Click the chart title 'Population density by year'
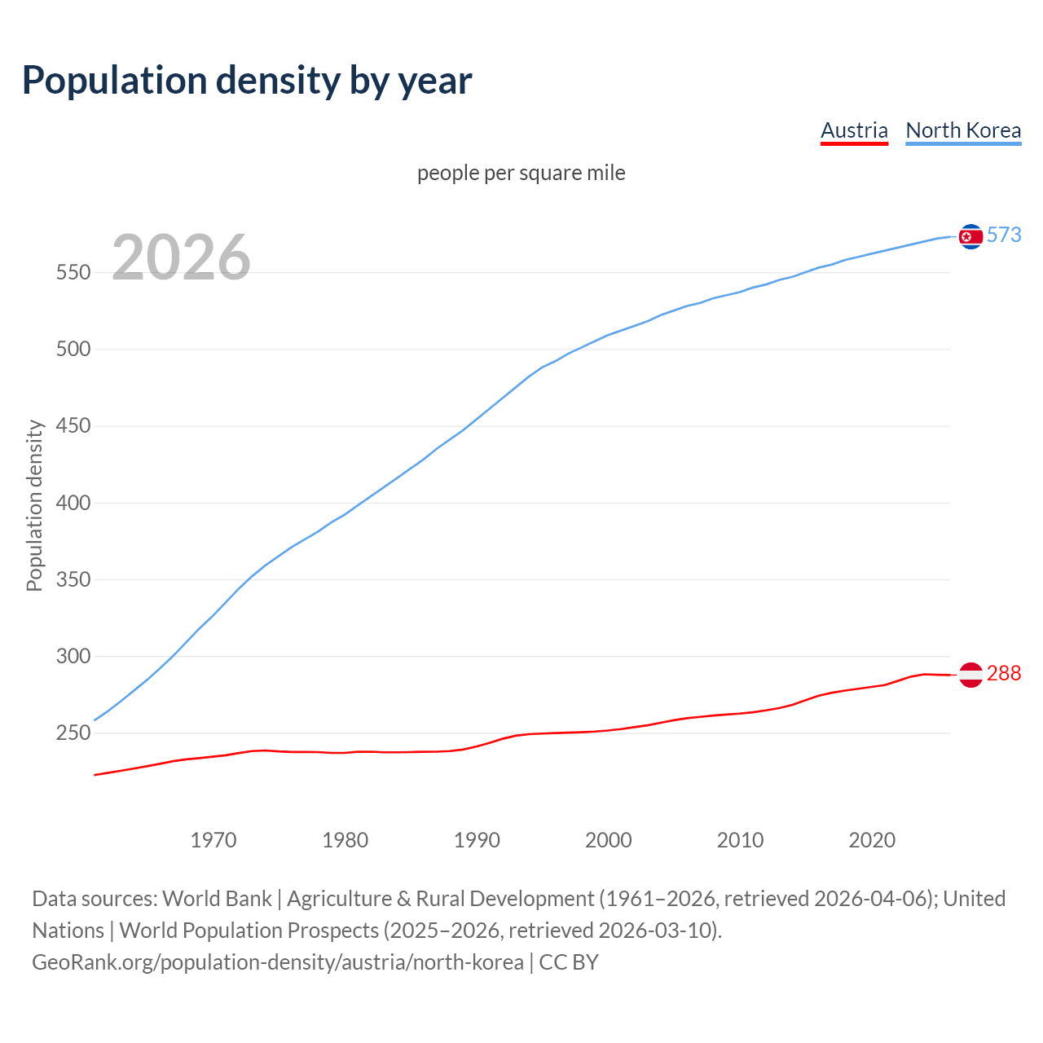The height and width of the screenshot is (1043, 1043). pos(247,80)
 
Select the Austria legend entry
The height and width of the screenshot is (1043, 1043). pos(854,130)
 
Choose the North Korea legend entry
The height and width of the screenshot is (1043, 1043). pos(963,130)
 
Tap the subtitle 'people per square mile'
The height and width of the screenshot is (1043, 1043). pos(521,173)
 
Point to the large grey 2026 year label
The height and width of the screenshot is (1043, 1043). pos(181,257)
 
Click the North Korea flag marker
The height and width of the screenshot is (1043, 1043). pos(970,236)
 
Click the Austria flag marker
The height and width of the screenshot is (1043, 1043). pos(970,675)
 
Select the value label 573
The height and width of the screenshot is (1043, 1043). pos(1004,235)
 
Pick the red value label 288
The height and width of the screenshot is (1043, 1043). pos(1004,673)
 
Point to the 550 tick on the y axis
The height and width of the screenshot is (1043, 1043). pos(73,272)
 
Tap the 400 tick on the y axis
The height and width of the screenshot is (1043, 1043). pos(73,503)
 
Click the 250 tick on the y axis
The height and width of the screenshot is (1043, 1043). pos(73,733)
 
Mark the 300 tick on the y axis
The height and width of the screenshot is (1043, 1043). pos(73,656)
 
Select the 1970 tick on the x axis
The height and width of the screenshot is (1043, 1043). pos(213,839)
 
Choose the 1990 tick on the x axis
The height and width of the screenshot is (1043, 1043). pos(477,839)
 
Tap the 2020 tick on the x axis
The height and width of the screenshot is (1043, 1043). pos(872,839)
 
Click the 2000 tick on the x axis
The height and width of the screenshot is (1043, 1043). pos(609,839)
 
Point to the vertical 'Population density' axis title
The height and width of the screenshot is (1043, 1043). pos(34,505)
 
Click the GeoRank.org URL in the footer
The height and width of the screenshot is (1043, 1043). pos(278,962)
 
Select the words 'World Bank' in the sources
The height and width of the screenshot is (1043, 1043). pos(217,899)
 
